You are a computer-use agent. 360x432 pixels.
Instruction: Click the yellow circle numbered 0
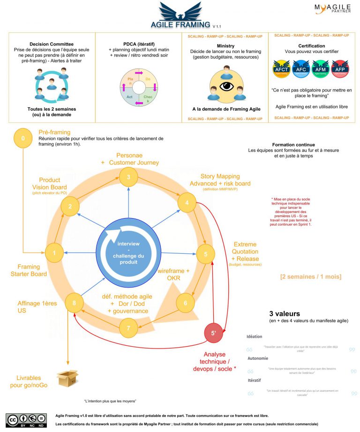(22, 138)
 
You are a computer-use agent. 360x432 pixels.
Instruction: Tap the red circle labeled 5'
(213, 334)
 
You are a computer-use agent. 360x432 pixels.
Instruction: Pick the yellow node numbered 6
(186, 303)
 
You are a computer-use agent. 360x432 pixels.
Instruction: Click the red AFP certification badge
(339, 69)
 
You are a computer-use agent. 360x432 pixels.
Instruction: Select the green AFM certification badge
(320, 69)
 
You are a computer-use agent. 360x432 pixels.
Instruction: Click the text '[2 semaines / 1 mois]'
(310, 277)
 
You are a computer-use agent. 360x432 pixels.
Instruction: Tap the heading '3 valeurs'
(285, 313)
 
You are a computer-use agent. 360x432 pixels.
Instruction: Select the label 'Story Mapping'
(220, 176)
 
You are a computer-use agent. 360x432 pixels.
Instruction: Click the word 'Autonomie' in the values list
(258, 358)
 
